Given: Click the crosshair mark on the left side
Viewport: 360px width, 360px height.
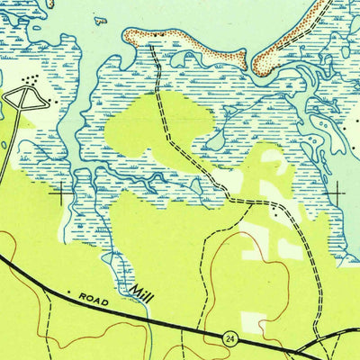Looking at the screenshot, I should (x=63, y=192).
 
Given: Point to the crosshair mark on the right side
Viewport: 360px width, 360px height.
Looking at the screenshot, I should (x=338, y=192).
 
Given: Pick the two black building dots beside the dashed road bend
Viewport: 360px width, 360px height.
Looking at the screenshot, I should (x=273, y=203).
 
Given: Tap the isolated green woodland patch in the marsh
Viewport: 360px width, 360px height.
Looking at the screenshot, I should (x=153, y=126).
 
